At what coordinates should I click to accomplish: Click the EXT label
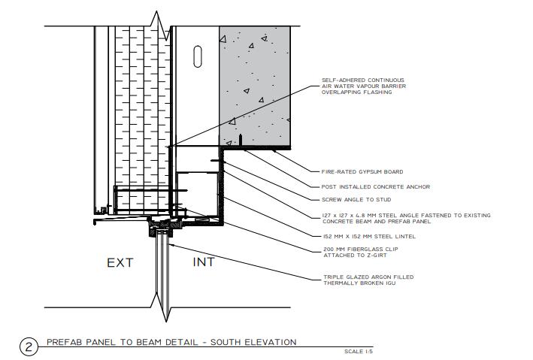coord(120,262)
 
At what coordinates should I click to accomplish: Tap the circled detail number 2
coord(28,346)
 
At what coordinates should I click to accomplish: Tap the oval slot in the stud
coord(198,56)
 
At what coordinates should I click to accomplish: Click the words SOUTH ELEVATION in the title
coord(257,342)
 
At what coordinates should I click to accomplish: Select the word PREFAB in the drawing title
coord(63,342)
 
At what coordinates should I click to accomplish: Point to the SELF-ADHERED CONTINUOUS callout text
coord(362,80)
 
